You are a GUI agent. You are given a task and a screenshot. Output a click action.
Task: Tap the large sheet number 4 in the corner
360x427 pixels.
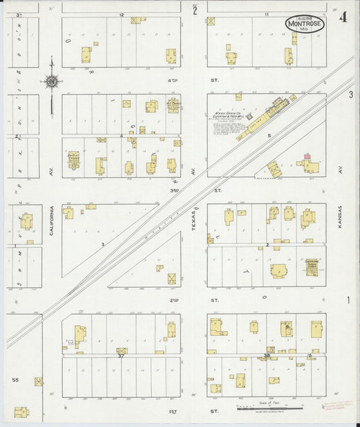pos(344,17)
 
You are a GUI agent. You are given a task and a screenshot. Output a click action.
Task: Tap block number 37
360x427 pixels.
pos(121,355)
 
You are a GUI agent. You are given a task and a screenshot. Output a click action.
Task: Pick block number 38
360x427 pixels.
pos(267,355)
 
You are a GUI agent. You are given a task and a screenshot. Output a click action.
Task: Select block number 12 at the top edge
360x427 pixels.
pos(122,14)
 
